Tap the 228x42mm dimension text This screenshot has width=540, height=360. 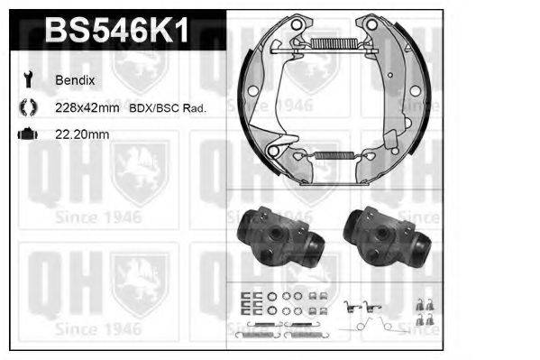(x=88, y=107)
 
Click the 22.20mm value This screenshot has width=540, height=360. (x=82, y=134)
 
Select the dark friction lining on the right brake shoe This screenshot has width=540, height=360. (x=408, y=99)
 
